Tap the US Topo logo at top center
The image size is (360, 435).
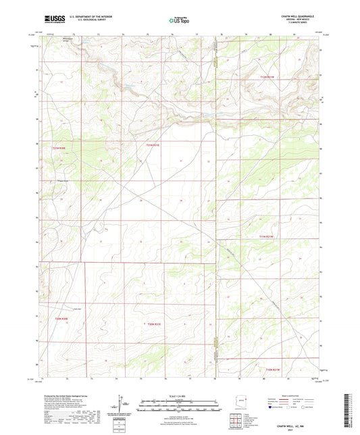pos(179,22)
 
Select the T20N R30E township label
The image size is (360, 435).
pos(61,317)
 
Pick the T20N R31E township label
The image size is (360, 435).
pos(155,325)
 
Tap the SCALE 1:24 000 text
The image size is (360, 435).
pos(179,395)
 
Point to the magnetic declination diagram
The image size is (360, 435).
pos(120,405)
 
